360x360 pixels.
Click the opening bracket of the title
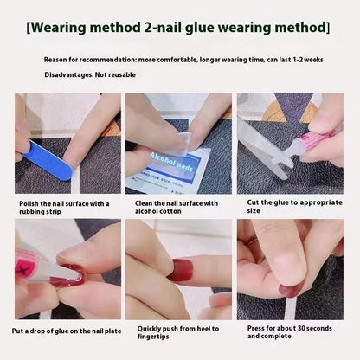29,26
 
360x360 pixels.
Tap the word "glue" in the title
202,26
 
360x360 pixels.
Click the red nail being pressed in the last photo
292,286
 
